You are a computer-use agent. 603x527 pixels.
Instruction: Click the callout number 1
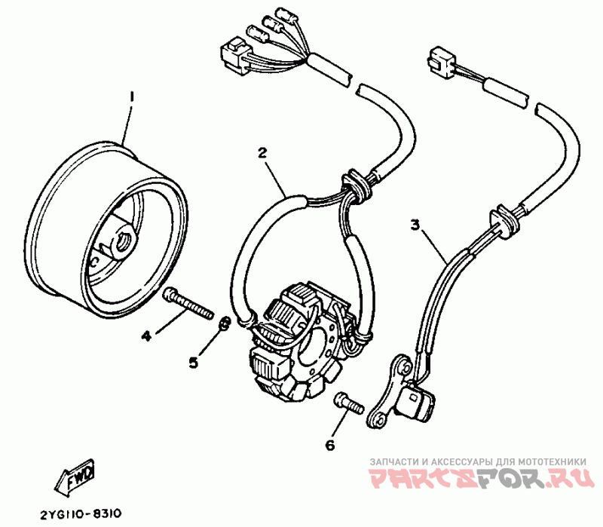coord(131,97)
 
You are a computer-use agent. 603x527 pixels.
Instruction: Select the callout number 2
coord(262,153)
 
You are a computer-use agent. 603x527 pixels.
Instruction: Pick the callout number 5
coord(193,363)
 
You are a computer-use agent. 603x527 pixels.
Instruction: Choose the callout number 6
coord(329,445)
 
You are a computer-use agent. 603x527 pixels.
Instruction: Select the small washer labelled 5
coord(225,325)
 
